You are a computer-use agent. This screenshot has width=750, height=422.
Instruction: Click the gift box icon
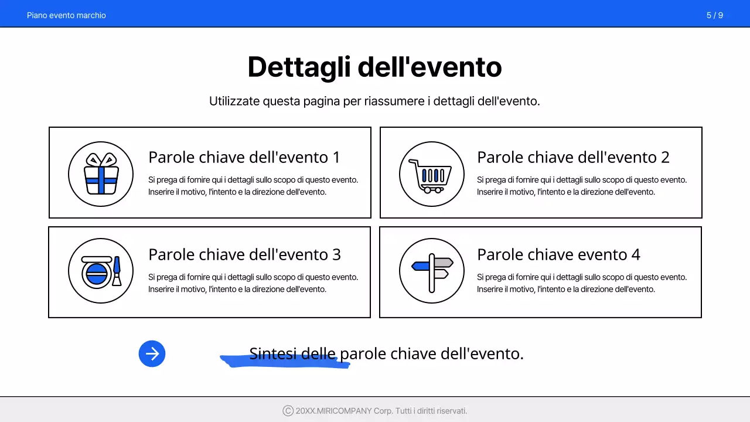click(101, 174)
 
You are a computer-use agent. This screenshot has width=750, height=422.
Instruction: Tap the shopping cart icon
click(431, 175)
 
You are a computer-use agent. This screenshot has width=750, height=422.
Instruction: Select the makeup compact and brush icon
click(101, 271)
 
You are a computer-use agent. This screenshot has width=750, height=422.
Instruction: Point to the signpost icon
click(432, 271)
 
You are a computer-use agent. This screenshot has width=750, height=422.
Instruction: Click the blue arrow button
click(152, 354)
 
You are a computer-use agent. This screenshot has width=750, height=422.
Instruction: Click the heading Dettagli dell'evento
click(374, 67)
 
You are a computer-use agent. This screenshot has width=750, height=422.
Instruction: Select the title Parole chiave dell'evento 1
click(244, 157)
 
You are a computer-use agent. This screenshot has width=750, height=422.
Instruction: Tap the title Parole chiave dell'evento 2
click(573, 157)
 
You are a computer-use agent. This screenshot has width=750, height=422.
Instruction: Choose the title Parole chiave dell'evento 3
click(244, 254)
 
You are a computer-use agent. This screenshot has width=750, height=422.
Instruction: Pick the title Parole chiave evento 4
click(558, 254)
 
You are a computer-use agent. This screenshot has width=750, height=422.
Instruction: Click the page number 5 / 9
click(714, 15)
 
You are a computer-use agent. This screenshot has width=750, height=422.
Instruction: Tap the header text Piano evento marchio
click(66, 15)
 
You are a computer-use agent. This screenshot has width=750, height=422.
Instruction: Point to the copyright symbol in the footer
click(288, 411)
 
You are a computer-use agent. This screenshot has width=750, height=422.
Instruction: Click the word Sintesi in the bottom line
click(272, 353)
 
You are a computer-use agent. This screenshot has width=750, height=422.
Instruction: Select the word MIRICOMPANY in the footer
click(343, 411)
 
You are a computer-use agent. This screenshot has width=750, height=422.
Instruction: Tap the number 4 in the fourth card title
click(636, 254)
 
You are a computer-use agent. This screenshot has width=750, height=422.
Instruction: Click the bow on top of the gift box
click(101, 159)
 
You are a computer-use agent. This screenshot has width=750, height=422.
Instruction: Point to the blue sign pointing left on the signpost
click(421, 266)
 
